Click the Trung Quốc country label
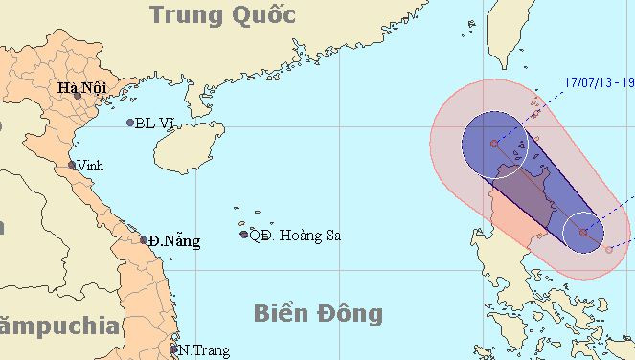[222, 14]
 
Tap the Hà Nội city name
[81, 89]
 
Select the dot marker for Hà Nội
[78, 96]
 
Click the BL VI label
[154, 123]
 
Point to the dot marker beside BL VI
[130, 123]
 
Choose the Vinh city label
[91, 164]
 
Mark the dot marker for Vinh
[72, 165]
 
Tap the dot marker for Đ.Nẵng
[145, 239]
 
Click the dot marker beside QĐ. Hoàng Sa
[244, 235]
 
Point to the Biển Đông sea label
[319, 313]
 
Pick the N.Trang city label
[204, 350]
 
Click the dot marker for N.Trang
[173, 350]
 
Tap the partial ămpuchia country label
[59, 326]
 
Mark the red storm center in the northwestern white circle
[495, 144]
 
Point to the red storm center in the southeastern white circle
[583, 232]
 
